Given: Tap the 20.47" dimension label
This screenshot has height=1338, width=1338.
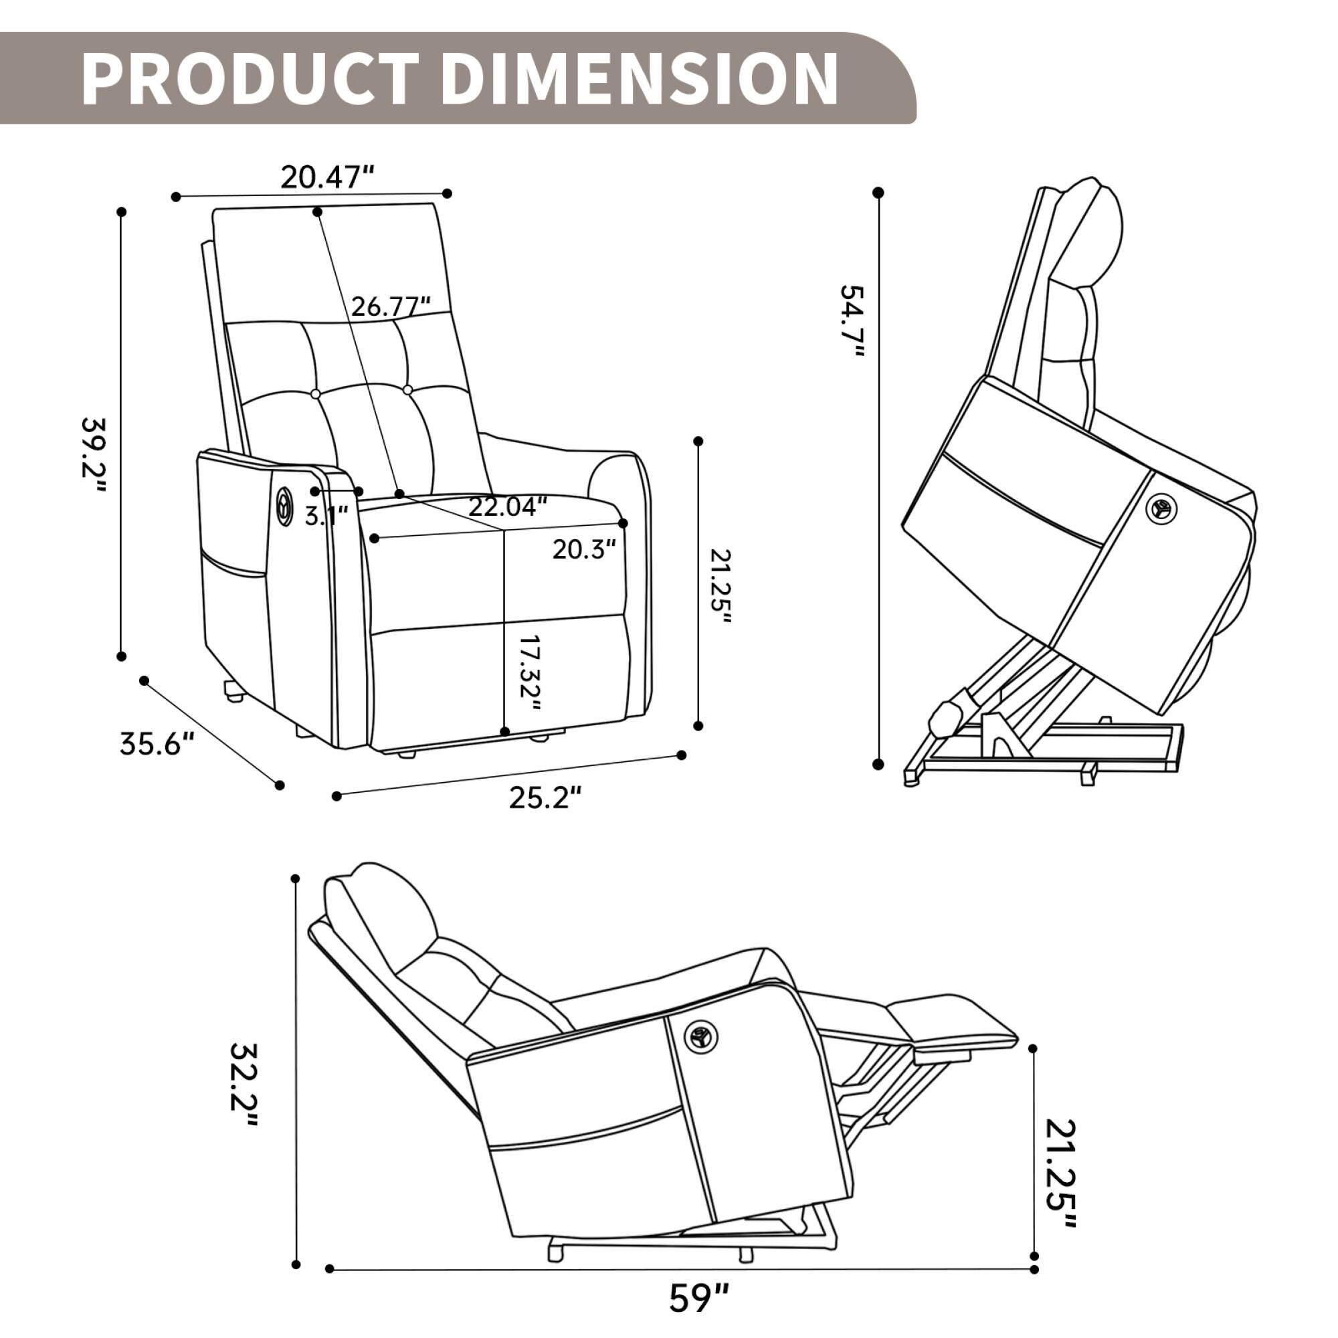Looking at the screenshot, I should (x=327, y=178).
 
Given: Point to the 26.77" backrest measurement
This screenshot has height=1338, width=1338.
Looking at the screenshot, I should (x=391, y=306).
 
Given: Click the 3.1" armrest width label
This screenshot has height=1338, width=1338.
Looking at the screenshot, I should (x=326, y=516).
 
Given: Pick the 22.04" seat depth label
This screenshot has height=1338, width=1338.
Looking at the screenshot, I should (x=508, y=507).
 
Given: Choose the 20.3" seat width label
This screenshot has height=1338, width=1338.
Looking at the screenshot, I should (x=584, y=549).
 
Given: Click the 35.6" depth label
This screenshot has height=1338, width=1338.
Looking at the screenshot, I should (x=157, y=745).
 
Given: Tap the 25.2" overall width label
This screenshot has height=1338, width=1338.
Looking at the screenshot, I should (x=545, y=798).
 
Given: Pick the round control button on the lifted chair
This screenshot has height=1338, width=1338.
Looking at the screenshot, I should (x=1161, y=509).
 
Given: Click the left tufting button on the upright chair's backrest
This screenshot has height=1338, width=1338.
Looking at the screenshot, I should (x=316, y=394).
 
